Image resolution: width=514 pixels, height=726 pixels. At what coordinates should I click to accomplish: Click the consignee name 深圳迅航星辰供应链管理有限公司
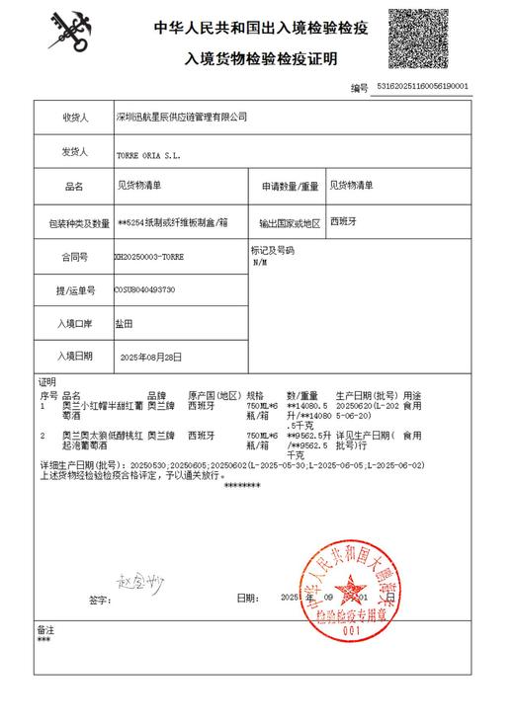click(x=181, y=117)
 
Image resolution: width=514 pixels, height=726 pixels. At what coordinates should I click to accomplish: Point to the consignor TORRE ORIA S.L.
click(x=149, y=156)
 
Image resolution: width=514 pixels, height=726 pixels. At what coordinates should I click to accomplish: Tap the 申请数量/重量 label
click(x=289, y=187)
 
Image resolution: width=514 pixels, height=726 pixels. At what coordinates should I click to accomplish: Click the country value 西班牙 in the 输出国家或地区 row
click(x=344, y=221)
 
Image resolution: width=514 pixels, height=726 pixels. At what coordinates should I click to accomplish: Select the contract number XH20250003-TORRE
click(x=149, y=257)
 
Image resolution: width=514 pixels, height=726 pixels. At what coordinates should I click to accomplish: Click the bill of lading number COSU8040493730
click(x=145, y=290)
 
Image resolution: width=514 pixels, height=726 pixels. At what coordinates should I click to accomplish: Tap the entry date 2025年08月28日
click(x=150, y=357)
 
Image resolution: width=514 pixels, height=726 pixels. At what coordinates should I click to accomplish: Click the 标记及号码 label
click(x=273, y=251)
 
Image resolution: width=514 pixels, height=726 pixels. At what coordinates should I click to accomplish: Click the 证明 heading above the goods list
click(x=47, y=381)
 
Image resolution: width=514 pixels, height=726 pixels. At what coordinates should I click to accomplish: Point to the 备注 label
click(x=45, y=629)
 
